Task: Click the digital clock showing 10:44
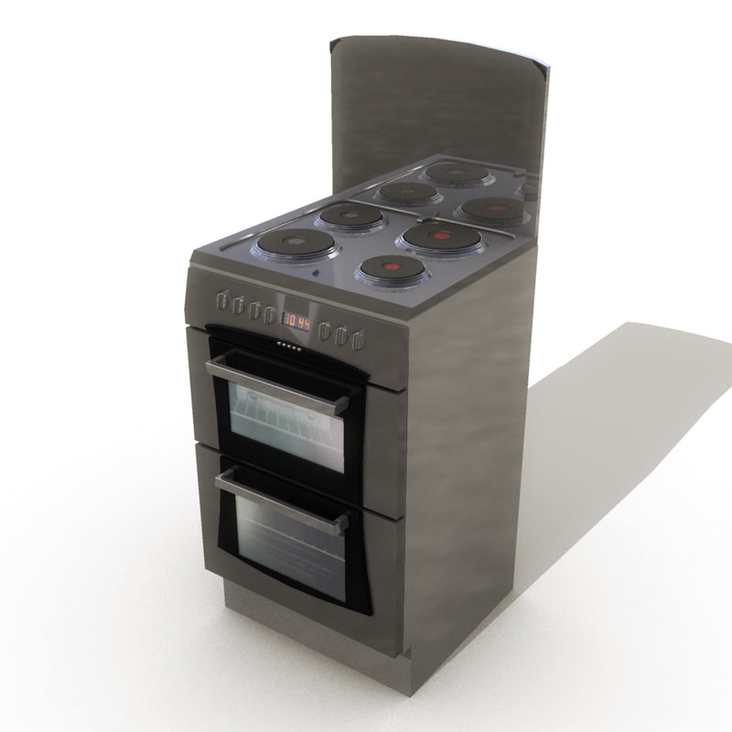coord(296,321)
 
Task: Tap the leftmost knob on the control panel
coord(222,299)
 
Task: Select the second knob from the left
coord(238,305)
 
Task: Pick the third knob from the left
coord(253,309)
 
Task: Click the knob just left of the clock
coord(270,315)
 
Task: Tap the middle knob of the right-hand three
coord(340,336)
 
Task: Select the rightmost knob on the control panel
coord(357,340)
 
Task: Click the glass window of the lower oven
coord(288,545)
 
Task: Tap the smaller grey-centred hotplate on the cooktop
coord(350,216)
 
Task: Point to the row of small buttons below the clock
coord(289,345)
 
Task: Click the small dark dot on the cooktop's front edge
coord(315,272)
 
